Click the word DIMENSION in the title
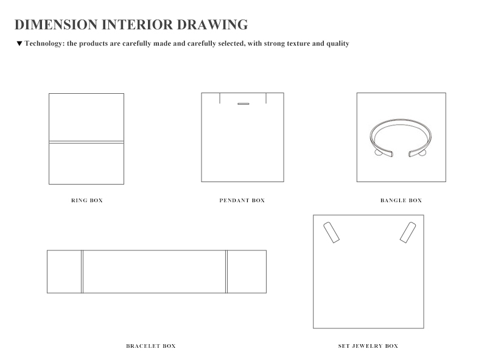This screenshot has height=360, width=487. [x=56, y=24]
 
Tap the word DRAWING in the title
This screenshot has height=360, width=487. [x=212, y=24]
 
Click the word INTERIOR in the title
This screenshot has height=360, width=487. [x=138, y=24]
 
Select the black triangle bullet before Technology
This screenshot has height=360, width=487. [x=19, y=43]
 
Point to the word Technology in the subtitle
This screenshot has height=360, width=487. [x=44, y=43]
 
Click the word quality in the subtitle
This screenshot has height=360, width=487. [x=338, y=43]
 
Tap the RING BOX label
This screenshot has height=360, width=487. [x=87, y=200]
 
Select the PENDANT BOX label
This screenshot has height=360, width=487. [x=242, y=200]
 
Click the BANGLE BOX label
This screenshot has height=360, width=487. [x=401, y=200]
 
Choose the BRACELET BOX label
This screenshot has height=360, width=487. [x=151, y=346]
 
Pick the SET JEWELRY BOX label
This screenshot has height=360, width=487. [x=368, y=346]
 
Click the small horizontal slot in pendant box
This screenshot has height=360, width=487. [x=243, y=104]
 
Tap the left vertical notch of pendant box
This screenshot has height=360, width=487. [x=220, y=98]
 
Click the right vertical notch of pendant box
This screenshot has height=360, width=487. [x=266, y=98]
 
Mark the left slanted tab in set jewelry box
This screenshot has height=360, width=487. [x=331, y=232]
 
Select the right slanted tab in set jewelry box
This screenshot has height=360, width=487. [x=408, y=232]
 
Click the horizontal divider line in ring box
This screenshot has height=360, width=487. [x=86, y=142]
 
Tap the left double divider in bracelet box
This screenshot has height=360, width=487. [x=82, y=272]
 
